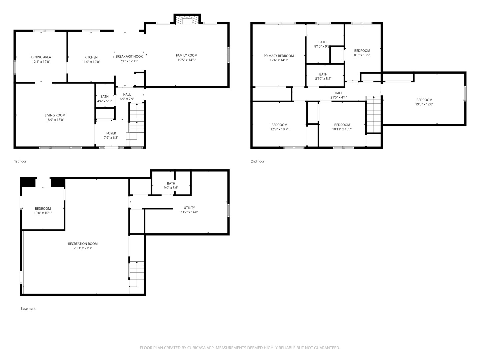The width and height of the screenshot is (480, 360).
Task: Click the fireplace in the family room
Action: (187, 20)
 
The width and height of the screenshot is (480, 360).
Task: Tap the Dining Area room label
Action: (41, 57)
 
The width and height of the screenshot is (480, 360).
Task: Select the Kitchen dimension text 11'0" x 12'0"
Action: (91, 62)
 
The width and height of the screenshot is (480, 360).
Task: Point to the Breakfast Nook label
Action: (129, 56)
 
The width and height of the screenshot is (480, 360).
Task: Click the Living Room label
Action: (55, 115)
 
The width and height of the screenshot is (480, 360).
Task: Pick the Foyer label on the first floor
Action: (111, 133)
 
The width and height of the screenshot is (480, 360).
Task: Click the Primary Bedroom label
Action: (279, 56)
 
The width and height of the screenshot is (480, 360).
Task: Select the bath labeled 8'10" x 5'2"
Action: (323, 76)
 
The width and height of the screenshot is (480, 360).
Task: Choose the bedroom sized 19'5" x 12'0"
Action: (424, 102)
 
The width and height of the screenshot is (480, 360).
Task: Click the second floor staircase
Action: (374, 114)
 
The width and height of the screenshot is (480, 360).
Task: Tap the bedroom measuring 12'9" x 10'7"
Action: (279, 127)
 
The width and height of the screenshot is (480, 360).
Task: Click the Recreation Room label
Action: (83, 244)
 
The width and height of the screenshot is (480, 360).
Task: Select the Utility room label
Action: (189, 208)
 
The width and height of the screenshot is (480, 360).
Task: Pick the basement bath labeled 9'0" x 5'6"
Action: (171, 185)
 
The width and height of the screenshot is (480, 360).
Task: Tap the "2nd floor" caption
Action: (258, 161)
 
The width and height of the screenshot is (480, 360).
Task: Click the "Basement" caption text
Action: (28, 309)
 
